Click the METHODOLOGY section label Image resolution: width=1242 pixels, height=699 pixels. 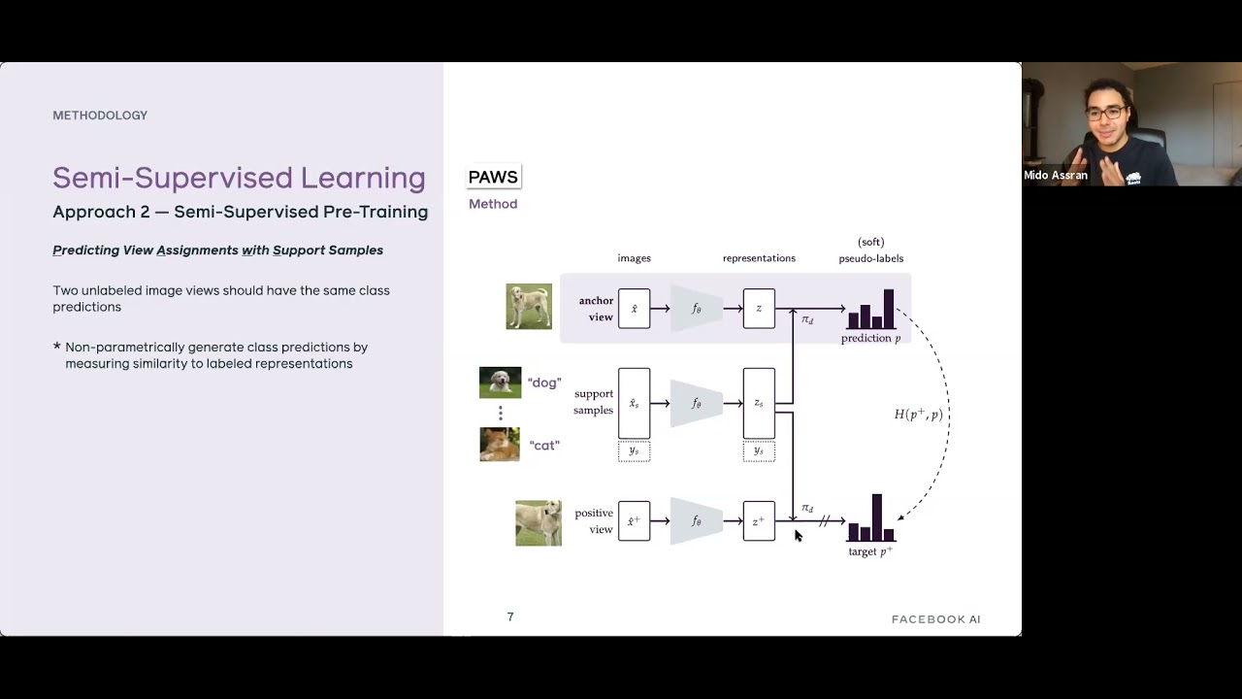(100, 116)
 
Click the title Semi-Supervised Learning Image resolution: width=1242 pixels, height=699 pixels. (239, 178)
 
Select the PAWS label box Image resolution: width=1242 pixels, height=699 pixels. (493, 177)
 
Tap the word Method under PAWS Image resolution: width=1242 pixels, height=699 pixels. (493, 204)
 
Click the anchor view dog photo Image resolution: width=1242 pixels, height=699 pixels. (529, 307)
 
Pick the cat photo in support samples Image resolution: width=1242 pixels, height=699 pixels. (500, 445)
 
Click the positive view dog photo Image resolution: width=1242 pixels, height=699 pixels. (539, 523)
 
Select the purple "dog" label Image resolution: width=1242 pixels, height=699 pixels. (544, 383)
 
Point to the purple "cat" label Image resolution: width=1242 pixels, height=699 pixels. (544, 446)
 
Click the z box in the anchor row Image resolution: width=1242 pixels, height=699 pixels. (759, 309)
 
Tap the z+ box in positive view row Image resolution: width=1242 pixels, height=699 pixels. (759, 521)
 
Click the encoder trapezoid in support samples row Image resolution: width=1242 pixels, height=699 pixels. (697, 404)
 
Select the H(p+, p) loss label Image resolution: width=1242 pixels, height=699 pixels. (918, 415)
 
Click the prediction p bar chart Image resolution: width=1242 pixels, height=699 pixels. (871, 311)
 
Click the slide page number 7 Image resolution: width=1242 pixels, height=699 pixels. (510, 617)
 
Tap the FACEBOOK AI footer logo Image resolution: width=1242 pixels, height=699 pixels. (935, 619)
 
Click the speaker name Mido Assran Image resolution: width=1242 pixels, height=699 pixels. (1055, 176)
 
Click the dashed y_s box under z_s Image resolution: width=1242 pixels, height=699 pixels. (759, 451)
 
